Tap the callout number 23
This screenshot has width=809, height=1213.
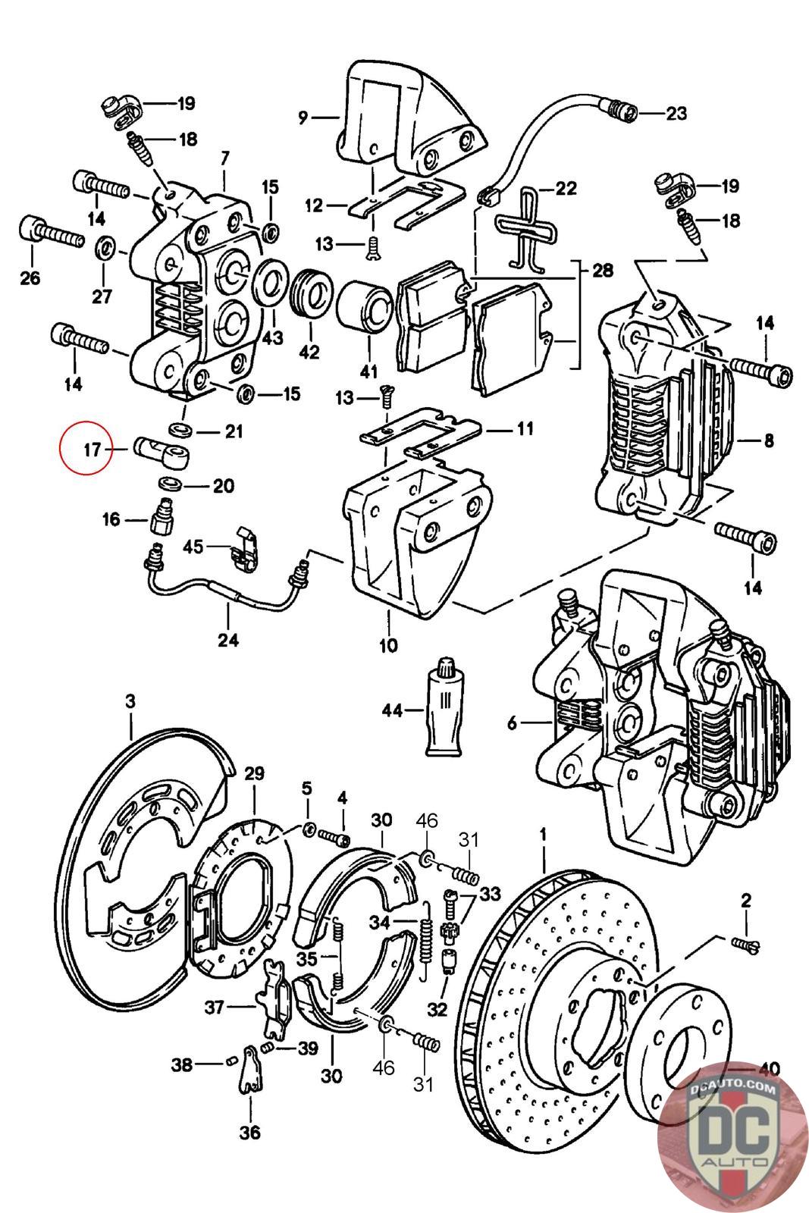[x=676, y=114]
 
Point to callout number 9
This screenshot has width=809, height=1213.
[x=302, y=117]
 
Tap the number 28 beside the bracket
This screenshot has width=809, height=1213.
[x=604, y=271]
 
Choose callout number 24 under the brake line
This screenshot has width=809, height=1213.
[x=228, y=640]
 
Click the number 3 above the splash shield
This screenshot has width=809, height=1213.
[x=130, y=703]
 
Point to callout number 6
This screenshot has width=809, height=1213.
[x=513, y=724]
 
